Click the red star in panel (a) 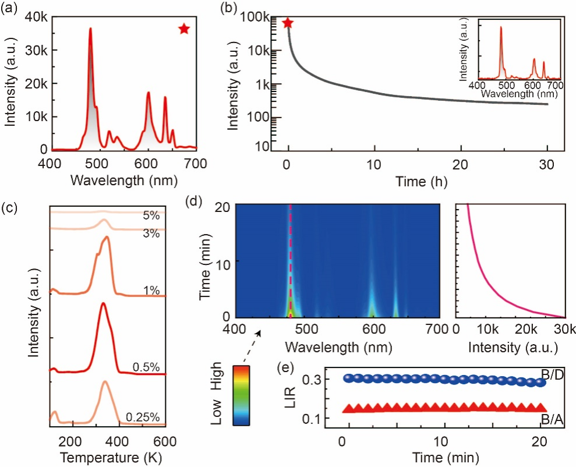(184, 29)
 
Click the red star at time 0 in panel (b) (287, 23)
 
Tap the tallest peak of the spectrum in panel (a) (90, 29)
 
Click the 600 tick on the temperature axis (165, 440)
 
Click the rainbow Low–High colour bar (242, 395)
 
